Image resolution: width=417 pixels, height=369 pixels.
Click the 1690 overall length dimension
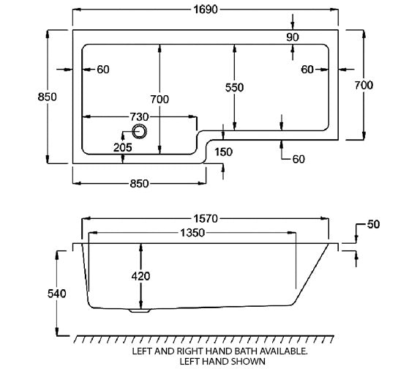(x=209, y=10)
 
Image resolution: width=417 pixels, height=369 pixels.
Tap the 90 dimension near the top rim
(x=293, y=37)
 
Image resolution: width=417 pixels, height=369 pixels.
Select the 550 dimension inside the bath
(x=234, y=87)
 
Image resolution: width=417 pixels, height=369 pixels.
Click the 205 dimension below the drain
(x=123, y=148)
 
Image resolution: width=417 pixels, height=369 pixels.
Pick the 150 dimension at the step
(x=224, y=152)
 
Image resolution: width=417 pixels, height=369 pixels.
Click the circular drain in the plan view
(x=139, y=132)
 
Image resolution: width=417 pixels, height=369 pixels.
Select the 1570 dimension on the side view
(x=209, y=218)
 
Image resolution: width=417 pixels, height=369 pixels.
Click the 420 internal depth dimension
(x=140, y=276)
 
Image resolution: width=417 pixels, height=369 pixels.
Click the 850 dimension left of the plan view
(x=48, y=98)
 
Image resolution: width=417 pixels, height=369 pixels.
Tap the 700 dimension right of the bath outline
(x=363, y=85)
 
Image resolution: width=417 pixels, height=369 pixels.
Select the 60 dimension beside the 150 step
(x=298, y=159)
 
